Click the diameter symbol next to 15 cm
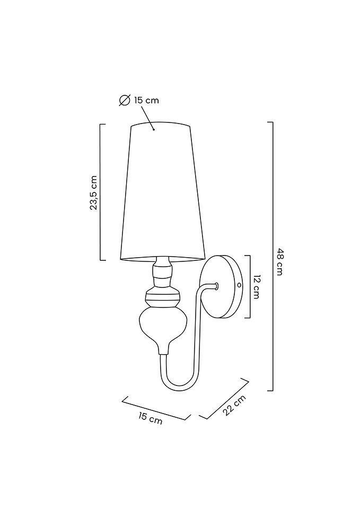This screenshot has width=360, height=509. pos(124,101)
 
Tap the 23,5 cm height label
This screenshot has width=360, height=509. pos(94,192)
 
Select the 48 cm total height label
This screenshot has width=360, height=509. pos(280,261)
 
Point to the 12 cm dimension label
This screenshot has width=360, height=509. pos(256,287)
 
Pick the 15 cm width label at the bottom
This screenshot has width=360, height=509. pos(150,418)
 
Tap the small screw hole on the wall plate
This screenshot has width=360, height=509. pos(239,285)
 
